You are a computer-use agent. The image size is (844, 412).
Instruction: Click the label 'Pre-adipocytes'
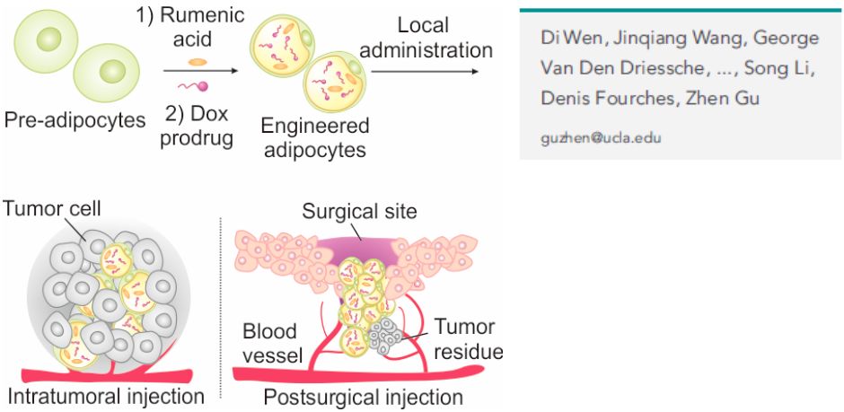(75, 119)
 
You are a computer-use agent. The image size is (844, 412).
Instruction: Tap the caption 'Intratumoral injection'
(106, 396)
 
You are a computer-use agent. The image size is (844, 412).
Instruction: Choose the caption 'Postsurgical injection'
(361, 397)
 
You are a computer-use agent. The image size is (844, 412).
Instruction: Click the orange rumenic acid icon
(198, 62)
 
